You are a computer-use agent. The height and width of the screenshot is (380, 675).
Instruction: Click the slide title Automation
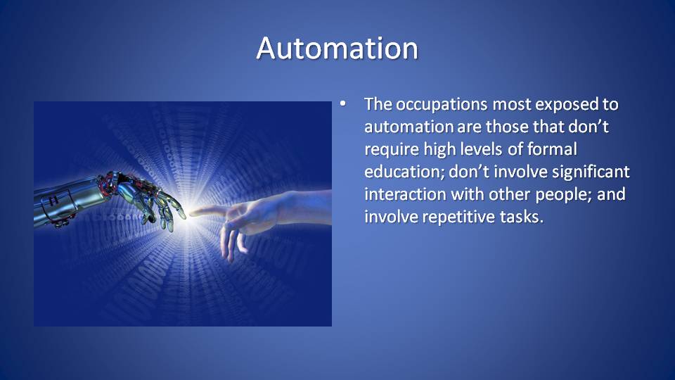click(x=337, y=48)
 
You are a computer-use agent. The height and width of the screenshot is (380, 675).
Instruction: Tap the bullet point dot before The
click(x=342, y=103)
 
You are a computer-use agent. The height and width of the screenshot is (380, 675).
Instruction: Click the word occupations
click(x=442, y=105)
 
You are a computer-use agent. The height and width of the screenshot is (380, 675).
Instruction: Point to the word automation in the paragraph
click(x=409, y=127)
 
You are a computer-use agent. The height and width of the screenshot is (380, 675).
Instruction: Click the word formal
click(x=552, y=149)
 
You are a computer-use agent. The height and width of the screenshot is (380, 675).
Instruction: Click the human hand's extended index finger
click(x=209, y=211)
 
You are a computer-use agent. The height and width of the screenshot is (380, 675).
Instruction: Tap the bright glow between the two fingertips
click(x=188, y=214)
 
